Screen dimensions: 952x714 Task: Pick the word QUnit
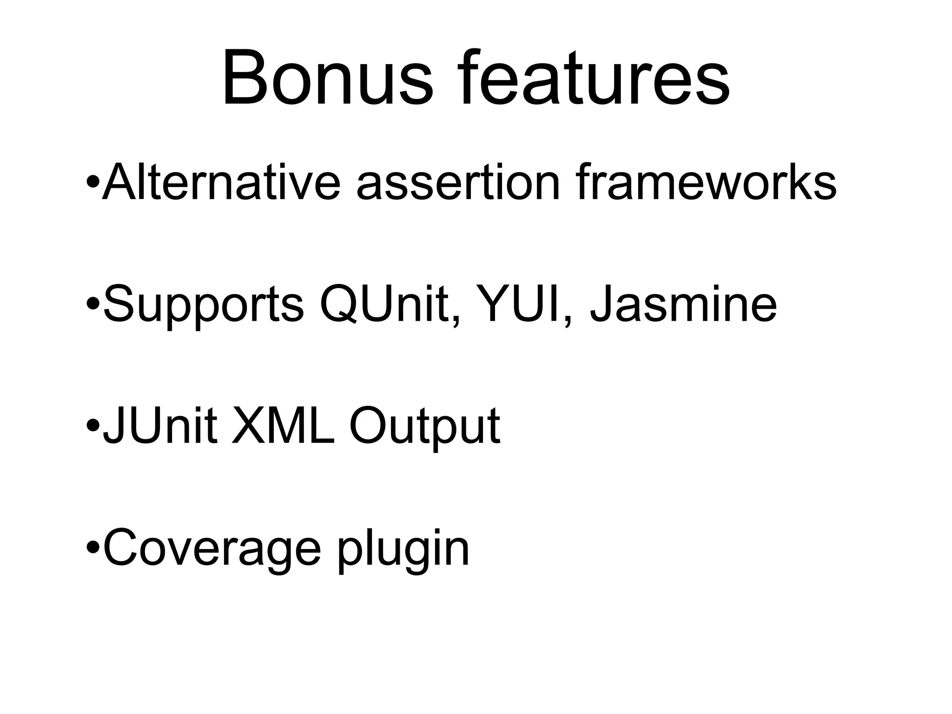(388, 304)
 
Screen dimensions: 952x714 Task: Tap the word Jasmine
(683, 304)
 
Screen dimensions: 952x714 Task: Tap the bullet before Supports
(93, 304)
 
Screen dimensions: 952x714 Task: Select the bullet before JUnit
(93, 425)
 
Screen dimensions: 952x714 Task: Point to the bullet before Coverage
(93, 547)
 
